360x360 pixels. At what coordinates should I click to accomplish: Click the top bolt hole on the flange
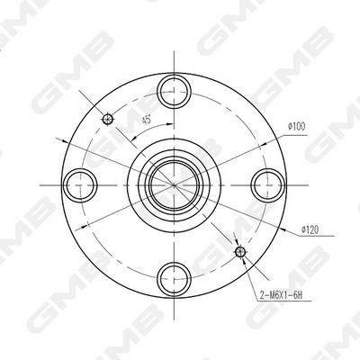[174, 90]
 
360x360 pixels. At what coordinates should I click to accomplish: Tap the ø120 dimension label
[310, 229]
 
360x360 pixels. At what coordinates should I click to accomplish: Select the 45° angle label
[147, 120]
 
